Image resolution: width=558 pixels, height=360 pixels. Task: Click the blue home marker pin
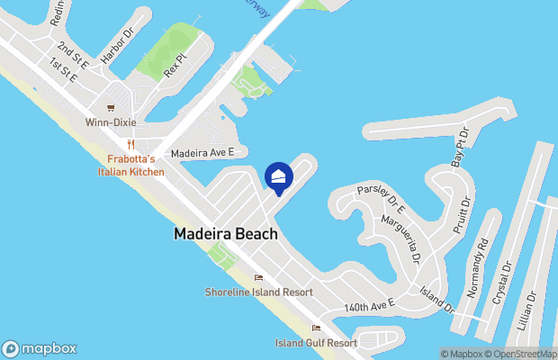(x=279, y=177)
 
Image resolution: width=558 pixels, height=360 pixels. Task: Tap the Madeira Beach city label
(x=225, y=233)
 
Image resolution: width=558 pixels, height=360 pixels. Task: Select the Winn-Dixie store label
(x=111, y=122)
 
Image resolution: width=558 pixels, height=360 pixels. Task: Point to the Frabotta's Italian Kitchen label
(x=131, y=165)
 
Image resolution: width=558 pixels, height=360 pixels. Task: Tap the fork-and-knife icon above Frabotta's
(x=131, y=144)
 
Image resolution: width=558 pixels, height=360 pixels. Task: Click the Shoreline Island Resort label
(x=258, y=292)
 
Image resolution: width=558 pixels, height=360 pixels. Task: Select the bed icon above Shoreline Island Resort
(x=259, y=277)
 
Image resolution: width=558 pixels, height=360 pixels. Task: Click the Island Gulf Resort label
(x=316, y=343)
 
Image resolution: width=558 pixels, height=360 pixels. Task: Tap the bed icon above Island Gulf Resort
(x=316, y=328)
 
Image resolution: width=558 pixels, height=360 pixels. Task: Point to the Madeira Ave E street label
(x=202, y=153)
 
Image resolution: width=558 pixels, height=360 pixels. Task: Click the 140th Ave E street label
(x=370, y=307)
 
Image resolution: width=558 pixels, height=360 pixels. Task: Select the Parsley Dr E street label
(x=381, y=201)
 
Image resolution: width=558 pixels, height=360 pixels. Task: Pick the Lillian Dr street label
(x=532, y=308)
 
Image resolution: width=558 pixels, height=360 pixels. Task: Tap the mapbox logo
(x=40, y=348)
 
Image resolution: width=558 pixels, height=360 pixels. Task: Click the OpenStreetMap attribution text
(x=522, y=354)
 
